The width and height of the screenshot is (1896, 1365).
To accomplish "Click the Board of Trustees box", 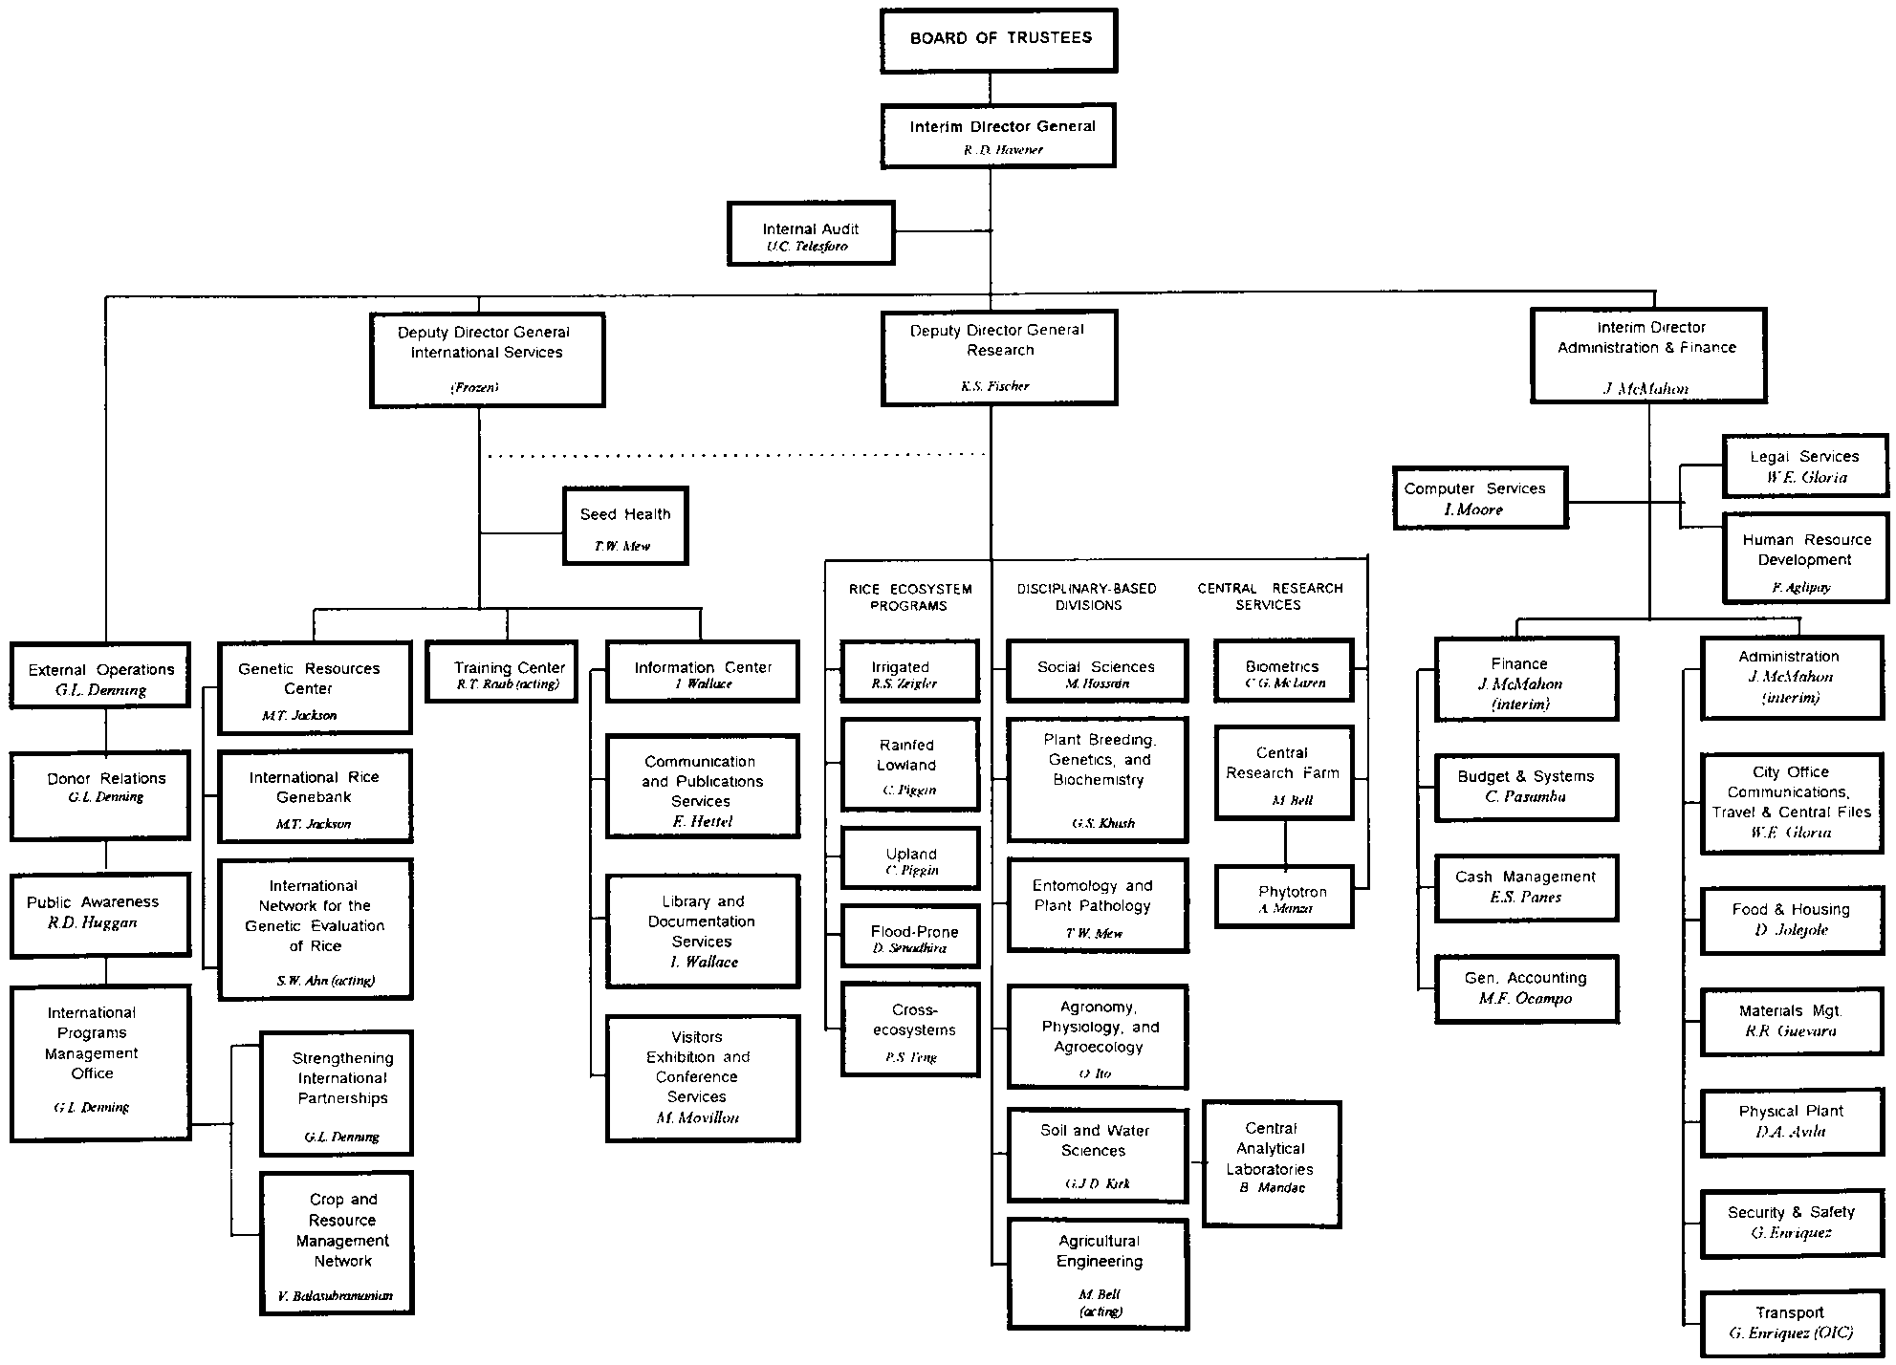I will pos(998,40).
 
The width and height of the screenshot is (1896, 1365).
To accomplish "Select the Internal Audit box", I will pos(811,232).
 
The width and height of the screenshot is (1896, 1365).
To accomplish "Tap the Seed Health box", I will pos(625,526).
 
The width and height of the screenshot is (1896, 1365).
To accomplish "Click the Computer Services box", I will pos(1480,497).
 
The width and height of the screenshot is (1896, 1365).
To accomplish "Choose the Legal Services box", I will pos(1805,466).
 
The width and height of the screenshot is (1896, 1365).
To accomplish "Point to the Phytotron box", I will pos(1284,897).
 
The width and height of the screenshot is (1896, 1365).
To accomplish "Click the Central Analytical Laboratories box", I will pos(1271,1163).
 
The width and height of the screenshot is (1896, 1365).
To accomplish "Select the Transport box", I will pos(1791,1323).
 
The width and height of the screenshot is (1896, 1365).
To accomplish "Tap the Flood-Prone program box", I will pos(910,936).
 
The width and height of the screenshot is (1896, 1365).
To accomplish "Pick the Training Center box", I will pos(502,671).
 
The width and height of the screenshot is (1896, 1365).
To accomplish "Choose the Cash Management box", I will pos(1526,888).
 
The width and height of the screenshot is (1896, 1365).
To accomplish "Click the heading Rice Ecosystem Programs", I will pos(909,597).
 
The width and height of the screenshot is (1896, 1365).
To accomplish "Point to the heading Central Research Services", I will pos(1269,596).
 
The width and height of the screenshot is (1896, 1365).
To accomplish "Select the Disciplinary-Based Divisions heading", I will pos(1086,596).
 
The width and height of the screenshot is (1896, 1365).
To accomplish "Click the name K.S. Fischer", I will pos(995,387).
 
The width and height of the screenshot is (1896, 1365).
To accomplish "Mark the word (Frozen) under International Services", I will pos(474,388).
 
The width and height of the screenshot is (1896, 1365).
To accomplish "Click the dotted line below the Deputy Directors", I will pos(736,456).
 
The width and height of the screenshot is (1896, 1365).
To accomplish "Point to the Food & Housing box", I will pos(1791,919).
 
